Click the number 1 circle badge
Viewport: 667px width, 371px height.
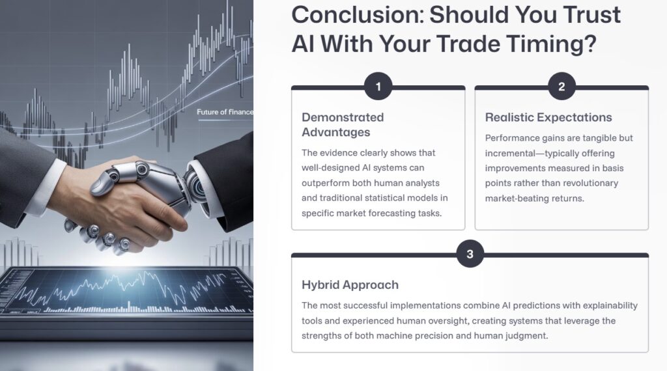[378, 87]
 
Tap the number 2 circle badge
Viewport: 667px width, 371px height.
[561, 87]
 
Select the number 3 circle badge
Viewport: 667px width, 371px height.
[470, 254]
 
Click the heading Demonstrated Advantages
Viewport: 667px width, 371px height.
[343, 124]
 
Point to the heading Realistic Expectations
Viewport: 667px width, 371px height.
[548, 117]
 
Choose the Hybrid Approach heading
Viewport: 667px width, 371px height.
[350, 284]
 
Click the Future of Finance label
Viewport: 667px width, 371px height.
[225, 112]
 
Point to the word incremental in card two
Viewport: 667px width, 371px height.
[515, 153]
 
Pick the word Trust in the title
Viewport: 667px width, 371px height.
[586, 15]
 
